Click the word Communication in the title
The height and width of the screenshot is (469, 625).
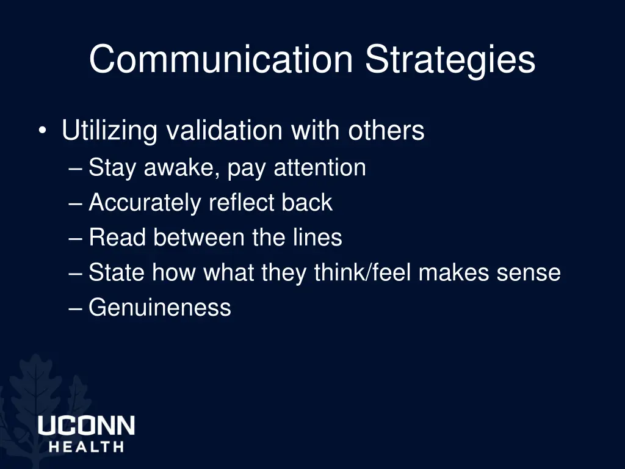221,60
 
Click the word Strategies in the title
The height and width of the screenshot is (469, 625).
450,60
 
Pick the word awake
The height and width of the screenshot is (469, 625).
179,168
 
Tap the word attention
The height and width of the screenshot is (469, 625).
320,168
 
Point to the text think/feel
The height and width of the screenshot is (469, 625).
363,272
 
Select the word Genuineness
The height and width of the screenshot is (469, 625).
160,307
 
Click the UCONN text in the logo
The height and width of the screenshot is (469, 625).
86,426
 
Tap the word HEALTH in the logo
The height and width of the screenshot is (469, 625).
86,447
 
